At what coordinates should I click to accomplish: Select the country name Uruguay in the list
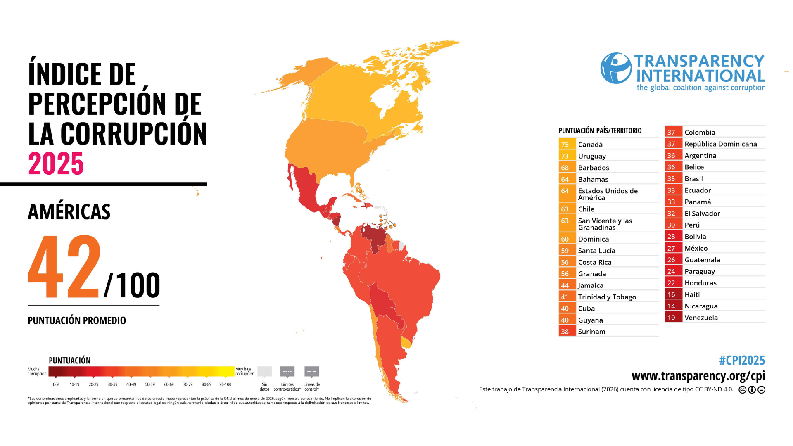coord(592,156)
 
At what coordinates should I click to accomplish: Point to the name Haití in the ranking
coord(692,294)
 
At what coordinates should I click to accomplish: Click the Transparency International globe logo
coord(616,68)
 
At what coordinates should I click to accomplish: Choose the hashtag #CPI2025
coord(742,361)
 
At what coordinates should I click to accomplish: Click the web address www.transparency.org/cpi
coord(698,376)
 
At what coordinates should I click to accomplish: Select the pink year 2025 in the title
coord(56,164)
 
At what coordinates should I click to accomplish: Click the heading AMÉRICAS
coord(69,212)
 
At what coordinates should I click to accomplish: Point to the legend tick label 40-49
coord(131,384)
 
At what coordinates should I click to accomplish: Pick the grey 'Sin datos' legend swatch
coord(264,371)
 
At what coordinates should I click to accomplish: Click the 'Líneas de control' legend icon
coord(311,371)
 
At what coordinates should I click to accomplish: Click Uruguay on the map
coord(406,342)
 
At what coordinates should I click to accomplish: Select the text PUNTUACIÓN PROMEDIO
coord(77,320)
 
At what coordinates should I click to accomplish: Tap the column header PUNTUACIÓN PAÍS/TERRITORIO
coord(600,131)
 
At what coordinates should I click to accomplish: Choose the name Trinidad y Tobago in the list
coord(607,297)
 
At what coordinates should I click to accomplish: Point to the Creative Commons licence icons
coord(752,389)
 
